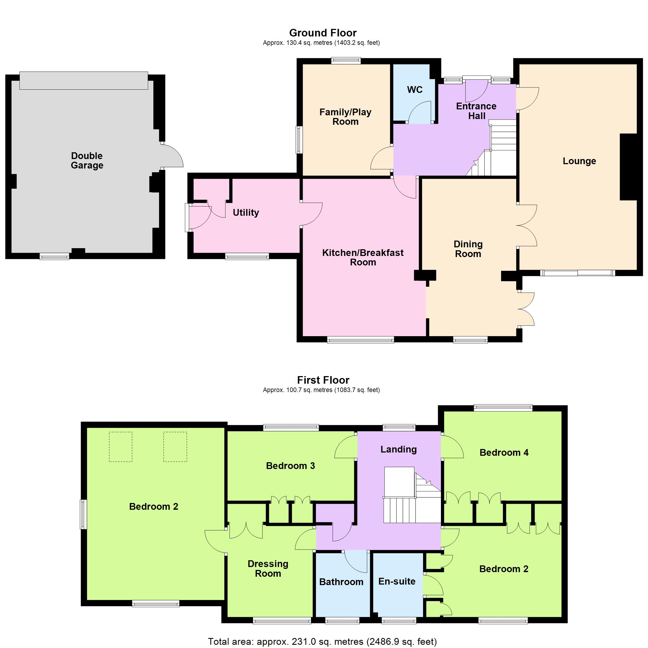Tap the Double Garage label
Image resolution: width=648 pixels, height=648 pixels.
point(87,160)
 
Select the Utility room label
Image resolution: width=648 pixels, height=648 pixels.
point(246,212)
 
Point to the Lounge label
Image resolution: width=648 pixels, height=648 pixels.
point(579,161)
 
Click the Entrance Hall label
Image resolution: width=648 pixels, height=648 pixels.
point(476,111)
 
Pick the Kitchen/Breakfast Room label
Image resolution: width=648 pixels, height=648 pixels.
point(363,257)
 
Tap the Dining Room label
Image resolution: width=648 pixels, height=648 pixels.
point(468,249)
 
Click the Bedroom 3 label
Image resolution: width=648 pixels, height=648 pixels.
point(291,465)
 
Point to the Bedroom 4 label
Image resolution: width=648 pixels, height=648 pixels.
point(504,453)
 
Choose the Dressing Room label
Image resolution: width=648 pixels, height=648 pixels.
point(268,569)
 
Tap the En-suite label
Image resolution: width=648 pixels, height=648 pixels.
point(397,581)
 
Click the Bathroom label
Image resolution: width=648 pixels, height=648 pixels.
point(341,582)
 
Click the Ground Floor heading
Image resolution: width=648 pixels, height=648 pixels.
point(323,33)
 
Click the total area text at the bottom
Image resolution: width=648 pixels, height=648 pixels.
point(322,642)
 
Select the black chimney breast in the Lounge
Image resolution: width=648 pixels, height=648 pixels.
point(628,167)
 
